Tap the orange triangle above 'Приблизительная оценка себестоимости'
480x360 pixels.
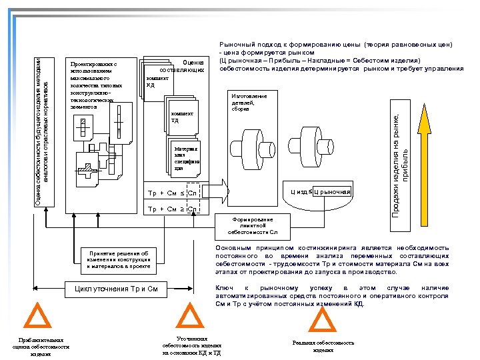pyautogui.click(x=40, y=318)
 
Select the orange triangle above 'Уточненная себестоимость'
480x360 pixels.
pyautogui.click(x=191, y=318)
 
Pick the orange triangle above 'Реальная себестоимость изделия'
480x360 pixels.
pyautogui.click(x=323, y=319)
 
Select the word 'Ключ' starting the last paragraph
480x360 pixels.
pyautogui.click(x=223, y=287)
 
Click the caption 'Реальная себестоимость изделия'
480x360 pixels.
pyautogui.click(x=323, y=346)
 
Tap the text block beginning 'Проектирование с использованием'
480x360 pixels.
pyautogui.click(x=95, y=85)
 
